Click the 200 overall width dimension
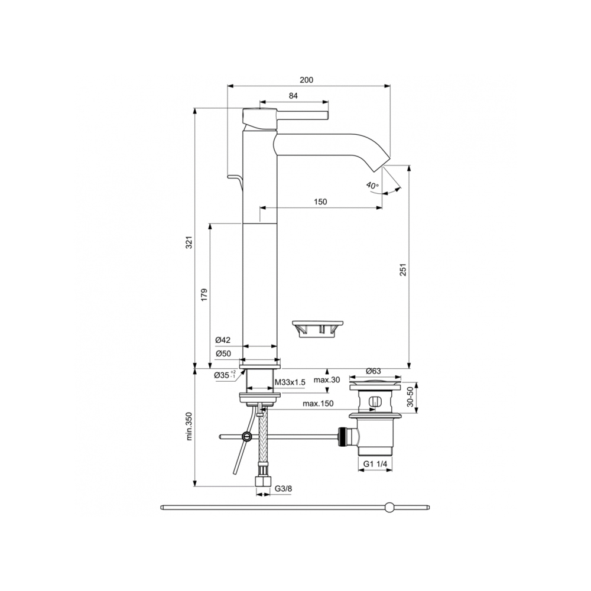(306, 80)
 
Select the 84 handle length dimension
(293, 96)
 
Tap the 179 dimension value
(204, 295)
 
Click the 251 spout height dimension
(403, 269)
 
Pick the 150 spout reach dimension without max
(320, 202)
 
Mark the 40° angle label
(372, 186)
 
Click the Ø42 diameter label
(223, 340)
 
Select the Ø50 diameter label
(223, 353)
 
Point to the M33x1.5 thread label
(290, 382)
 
